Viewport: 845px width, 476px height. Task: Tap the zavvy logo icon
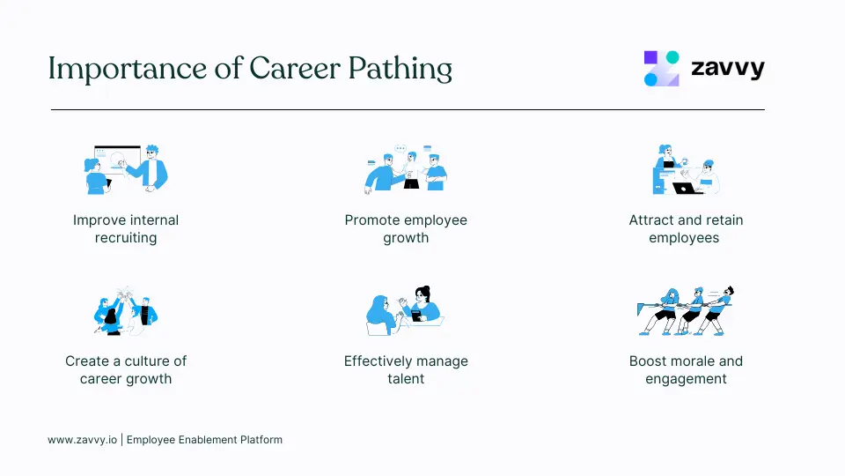[662, 68]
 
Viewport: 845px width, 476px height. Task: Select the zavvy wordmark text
[727, 69]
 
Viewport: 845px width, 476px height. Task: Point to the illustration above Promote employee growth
[406, 168]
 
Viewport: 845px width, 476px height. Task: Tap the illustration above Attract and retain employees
[686, 169]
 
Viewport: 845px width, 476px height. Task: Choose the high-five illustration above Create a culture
[126, 310]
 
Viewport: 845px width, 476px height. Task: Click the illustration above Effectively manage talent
[405, 310]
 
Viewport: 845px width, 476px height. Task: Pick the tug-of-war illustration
[686, 310]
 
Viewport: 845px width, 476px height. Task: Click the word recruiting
[126, 238]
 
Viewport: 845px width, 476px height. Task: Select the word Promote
[374, 219]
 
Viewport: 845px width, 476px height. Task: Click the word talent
[406, 379]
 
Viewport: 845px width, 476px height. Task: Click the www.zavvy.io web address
[82, 439]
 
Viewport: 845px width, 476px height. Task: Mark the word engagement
[686, 379]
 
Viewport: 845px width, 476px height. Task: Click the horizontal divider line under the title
[408, 109]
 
